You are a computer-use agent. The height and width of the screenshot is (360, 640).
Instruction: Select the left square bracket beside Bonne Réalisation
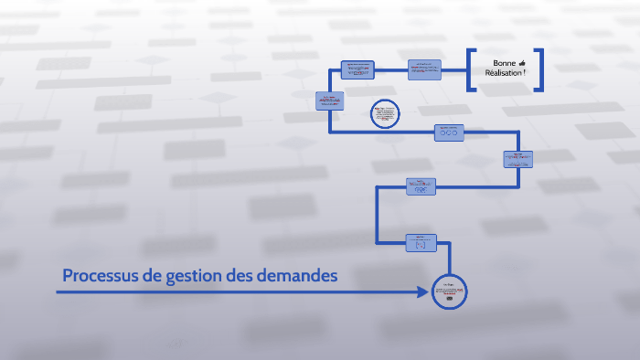click(x=470, y=69)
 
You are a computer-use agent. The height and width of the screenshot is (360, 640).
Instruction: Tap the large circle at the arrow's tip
click(x=448, y=292)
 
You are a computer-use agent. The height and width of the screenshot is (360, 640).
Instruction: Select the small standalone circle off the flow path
click(x=385, y=114)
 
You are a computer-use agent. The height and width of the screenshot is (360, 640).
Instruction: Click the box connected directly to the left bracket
click(x=425, y=69)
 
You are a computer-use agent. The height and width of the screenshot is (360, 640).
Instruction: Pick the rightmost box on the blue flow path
click(x=517, y=159)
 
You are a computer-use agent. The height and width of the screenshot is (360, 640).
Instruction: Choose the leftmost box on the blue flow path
click(x=329, y=101)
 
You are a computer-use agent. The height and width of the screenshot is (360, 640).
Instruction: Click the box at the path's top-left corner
click(x=357, y=69)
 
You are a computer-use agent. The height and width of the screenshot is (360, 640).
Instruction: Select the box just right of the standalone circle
click(x=449, y=132)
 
